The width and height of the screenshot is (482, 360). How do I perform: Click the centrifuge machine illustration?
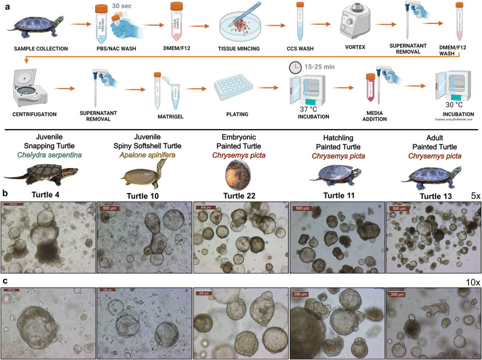[28, 83]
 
